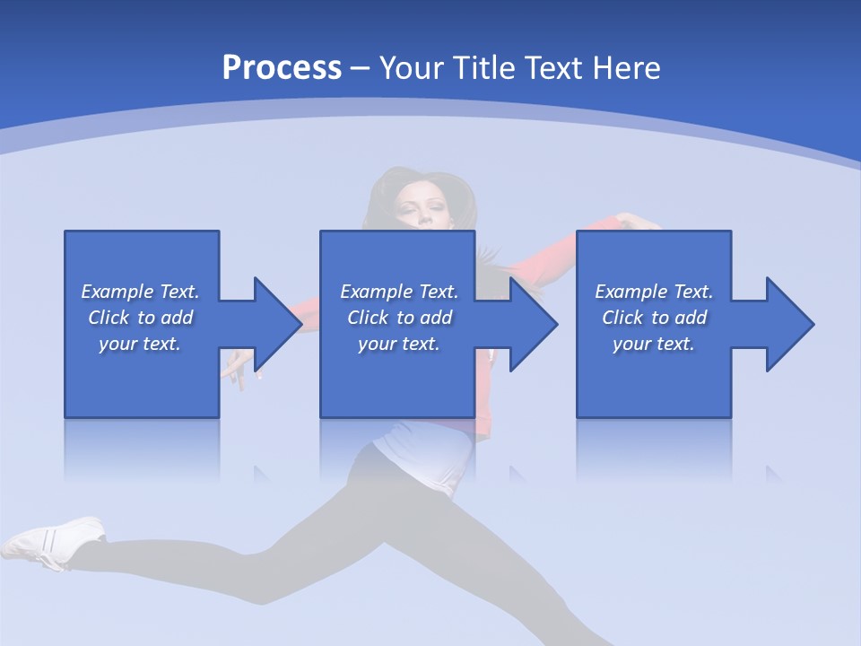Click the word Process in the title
coord(282,68)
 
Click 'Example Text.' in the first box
coord(140,292)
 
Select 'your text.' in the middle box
coord(398,344)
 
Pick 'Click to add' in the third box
coord(654,318)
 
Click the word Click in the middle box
coord(368,318)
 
